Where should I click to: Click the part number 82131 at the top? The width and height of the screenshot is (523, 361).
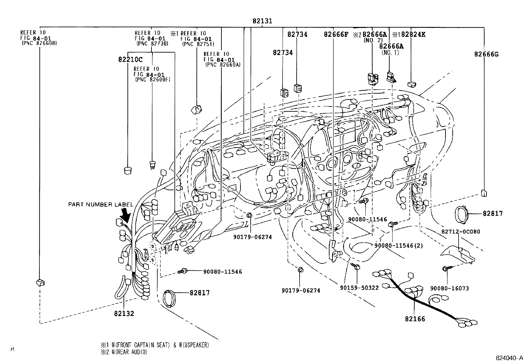262,21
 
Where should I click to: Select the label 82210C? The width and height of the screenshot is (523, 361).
130,59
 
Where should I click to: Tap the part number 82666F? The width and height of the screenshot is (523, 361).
336,34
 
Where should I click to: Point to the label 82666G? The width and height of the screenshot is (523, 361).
486,54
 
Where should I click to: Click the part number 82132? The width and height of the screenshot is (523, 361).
124,313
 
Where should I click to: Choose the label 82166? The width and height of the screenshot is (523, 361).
415,319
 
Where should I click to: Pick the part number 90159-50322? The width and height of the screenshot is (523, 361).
359,288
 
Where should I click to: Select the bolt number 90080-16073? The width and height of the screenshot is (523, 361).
449,288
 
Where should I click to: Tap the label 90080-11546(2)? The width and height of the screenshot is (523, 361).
398,245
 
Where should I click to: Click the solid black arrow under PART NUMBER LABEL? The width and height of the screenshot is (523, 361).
126,215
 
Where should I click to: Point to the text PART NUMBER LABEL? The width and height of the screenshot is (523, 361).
101,204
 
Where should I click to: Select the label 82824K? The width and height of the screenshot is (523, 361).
412,34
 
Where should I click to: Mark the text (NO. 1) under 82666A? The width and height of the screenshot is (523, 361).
390,52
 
